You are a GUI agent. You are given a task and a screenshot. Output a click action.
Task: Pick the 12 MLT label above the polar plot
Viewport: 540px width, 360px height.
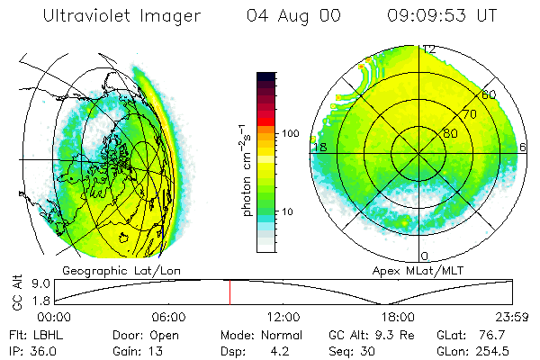(x=429, y=49)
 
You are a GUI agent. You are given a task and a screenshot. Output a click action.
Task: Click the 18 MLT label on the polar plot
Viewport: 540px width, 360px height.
(x=319, y=147)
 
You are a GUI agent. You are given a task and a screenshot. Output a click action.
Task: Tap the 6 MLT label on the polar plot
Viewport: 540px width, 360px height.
(x=523, y=147)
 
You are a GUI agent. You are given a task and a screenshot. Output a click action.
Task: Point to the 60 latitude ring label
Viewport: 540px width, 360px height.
(x=489, y=94)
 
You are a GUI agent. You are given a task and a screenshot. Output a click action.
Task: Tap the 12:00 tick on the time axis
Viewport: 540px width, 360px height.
(x=283, y=317)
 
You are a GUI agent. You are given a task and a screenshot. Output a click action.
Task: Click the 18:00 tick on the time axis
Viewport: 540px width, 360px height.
(x=398, y=317)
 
